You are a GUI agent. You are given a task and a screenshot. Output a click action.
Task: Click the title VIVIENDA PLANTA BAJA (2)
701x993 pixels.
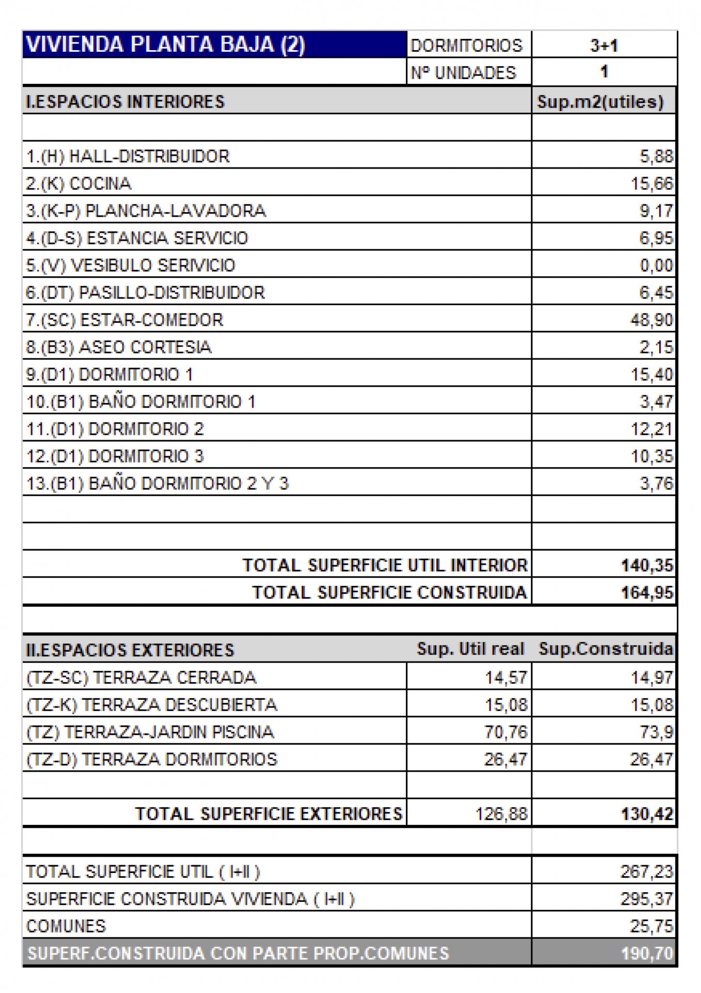click(x=165, y=45)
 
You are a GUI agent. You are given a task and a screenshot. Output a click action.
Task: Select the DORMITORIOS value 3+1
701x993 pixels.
click(x=604, y=46)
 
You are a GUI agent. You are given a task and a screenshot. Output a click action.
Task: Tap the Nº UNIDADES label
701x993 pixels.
click(x=463, y=73)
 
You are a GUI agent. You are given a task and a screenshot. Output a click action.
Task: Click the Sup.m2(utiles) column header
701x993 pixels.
click(x=600, y=101)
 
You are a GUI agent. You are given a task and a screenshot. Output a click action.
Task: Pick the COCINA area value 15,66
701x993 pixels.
click(x=652, y=184)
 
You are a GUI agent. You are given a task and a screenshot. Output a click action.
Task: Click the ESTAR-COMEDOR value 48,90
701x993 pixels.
click(x=652, y=320)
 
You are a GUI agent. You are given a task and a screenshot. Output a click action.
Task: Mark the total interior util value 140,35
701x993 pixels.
click(x=647, y=565)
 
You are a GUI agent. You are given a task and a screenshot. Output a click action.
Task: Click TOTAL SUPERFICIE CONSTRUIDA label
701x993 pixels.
click(x=389, y=593)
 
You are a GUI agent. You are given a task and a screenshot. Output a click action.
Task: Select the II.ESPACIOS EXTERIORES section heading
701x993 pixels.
click(x=130, y=650)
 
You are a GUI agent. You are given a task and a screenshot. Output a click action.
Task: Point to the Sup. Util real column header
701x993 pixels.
click(x=470, y=649)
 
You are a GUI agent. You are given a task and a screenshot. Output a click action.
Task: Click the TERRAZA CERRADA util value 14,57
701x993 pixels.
click(x=506, y=678)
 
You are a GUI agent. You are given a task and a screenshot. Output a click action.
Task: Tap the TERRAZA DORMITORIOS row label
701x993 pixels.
click(x=151, y=759)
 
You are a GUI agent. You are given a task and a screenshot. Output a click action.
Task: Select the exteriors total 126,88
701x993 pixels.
click(x=501, y=814)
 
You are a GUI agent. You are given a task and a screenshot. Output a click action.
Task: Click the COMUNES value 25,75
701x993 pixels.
click(x=652, y=926)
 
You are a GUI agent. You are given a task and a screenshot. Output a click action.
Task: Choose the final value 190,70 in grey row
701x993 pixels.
click(x=647, y=953)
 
